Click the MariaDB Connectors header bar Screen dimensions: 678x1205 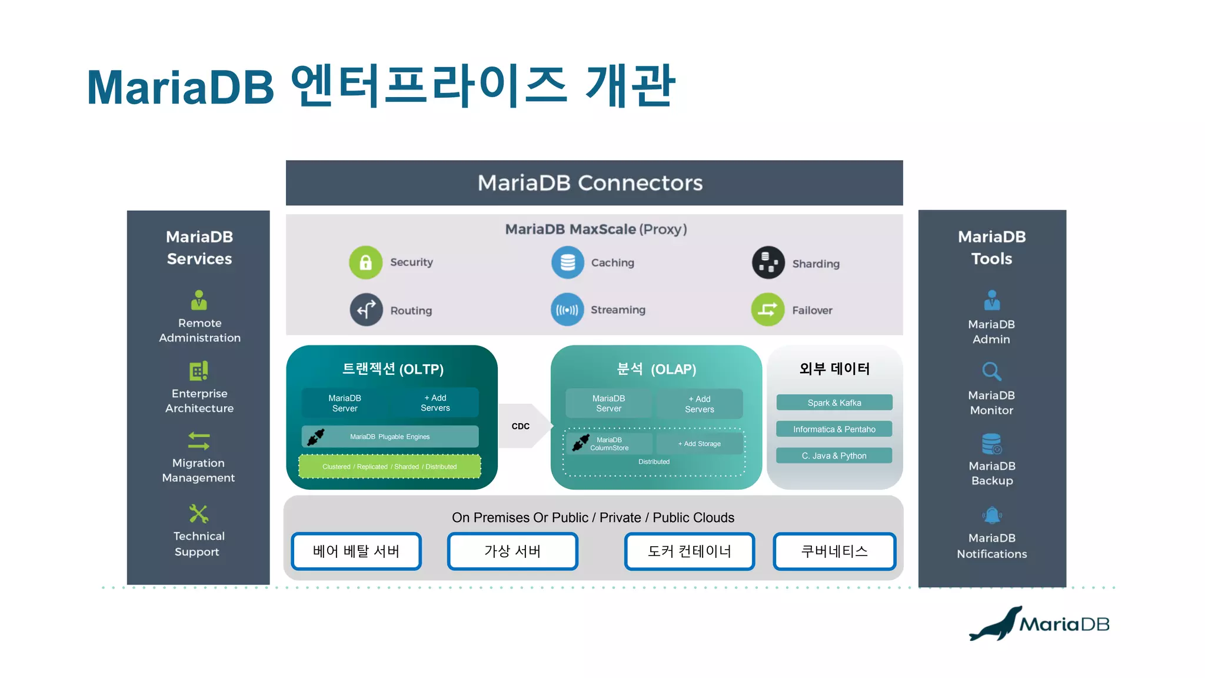coord(594,183)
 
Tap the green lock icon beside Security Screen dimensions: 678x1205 coord(365,262)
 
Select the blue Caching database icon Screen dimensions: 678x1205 coord(567,262)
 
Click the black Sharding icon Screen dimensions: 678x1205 coord(768,262)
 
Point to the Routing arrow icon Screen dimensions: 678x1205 coord(366,310)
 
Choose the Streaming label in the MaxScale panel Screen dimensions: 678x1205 coord(618,310)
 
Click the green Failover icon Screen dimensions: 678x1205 coord(767,310)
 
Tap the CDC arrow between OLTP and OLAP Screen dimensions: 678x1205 coord(523,426)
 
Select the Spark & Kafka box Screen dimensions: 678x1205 coord(834,403)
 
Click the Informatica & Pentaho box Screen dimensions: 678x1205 coord(834,429)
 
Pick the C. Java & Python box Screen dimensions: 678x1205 coord(834,456)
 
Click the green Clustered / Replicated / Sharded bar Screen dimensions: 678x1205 coord(390,467)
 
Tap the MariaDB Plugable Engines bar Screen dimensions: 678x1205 coord(390,437)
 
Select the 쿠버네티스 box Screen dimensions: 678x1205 coord(834,551)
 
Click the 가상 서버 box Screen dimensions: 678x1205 coord(512,551)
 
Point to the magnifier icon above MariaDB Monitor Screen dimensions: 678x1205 coord(991,371)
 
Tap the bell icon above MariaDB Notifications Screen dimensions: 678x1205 coord(991,516)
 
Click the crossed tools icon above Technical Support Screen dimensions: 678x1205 coord(199,514)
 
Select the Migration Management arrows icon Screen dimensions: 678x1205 coord(199,441)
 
